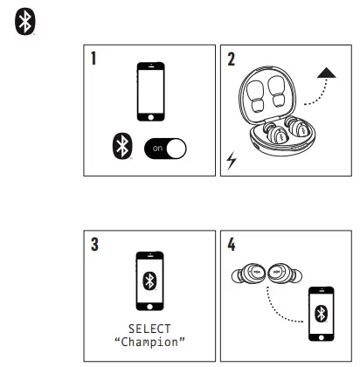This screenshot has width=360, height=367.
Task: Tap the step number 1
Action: [92, 60]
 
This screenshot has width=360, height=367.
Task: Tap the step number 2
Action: [232, 60]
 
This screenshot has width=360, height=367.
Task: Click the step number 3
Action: [92, 244]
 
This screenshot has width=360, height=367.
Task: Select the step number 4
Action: [232, 244]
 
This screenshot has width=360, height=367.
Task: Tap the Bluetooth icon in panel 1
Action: [120, 148]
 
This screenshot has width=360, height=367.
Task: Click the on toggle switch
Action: [164, 149]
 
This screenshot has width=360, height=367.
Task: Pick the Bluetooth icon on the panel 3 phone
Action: [152, 280]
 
